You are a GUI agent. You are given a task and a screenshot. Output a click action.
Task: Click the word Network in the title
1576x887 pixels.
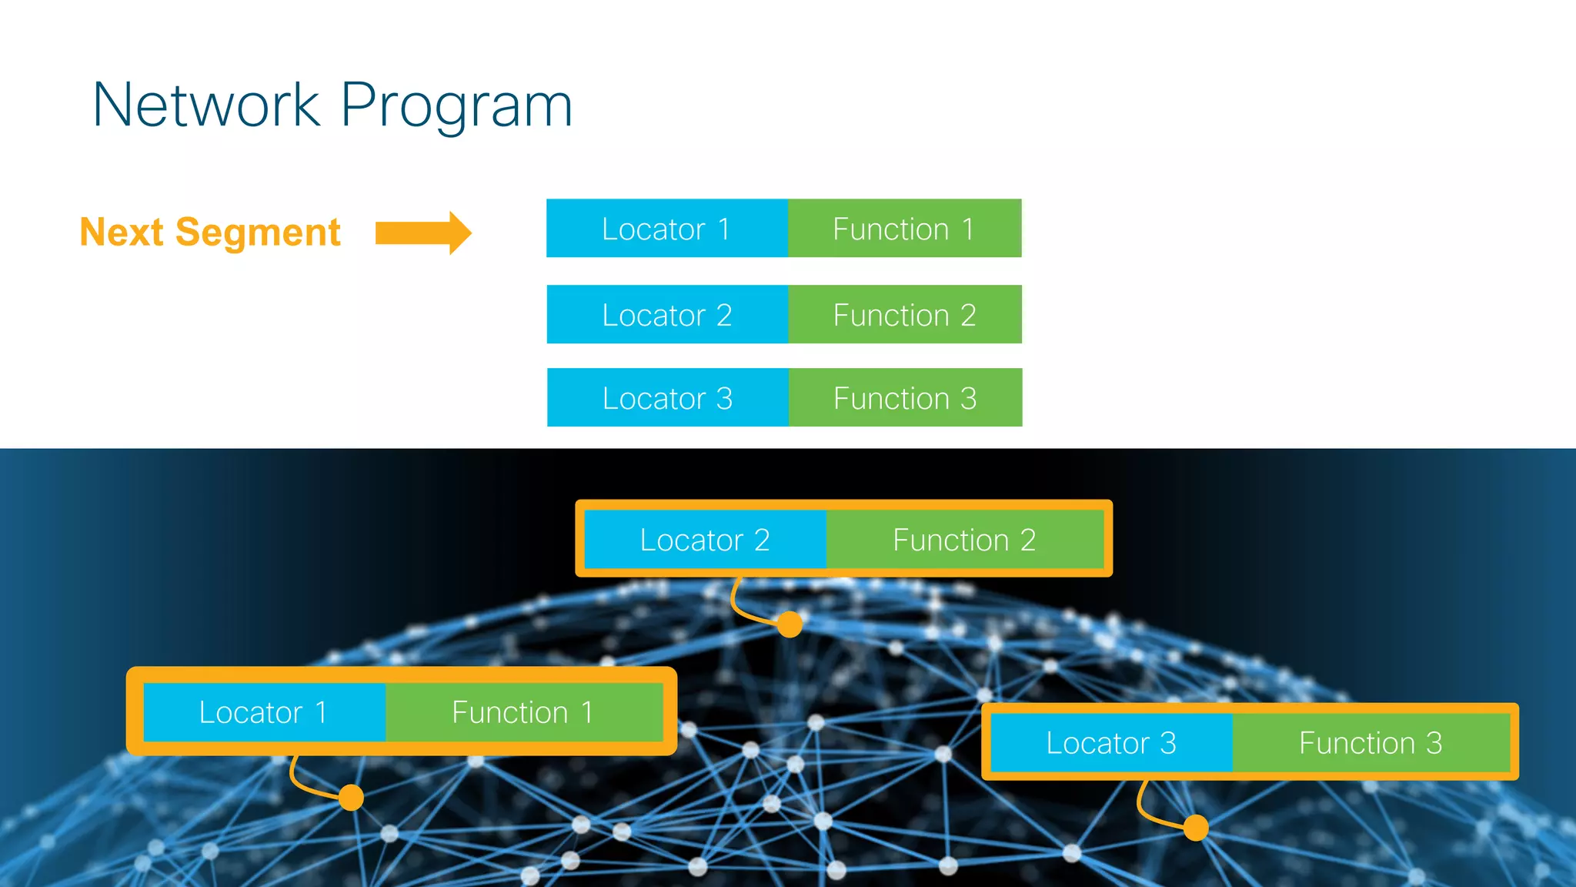point(205,105)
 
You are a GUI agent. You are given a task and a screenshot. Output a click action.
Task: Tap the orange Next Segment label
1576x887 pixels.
point(210,233)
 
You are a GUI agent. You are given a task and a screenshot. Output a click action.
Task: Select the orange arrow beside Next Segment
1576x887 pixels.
point(422,233)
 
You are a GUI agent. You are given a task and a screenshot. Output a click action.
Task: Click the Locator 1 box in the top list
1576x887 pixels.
point(666,229)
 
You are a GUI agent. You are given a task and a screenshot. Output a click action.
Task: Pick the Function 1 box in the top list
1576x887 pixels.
point(904,229)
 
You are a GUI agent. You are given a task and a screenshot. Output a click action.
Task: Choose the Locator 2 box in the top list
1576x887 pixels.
point(666,315)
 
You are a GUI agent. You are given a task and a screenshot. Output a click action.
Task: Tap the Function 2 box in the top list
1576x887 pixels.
point(904,315)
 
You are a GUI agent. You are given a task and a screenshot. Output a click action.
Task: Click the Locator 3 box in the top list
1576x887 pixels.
point(667,398)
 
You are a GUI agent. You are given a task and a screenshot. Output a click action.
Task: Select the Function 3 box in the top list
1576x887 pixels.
point(905,398)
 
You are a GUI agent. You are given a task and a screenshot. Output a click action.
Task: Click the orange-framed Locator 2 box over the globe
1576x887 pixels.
point(705,540)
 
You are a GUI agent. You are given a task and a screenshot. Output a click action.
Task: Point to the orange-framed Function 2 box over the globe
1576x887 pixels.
point(964,540)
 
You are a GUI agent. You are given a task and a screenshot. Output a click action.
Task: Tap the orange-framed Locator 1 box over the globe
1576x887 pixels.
point(264,712)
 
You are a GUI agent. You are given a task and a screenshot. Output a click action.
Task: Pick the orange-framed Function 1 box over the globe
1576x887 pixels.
point(523,712)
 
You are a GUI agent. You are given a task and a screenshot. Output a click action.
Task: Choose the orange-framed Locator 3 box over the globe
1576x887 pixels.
point(1111,743)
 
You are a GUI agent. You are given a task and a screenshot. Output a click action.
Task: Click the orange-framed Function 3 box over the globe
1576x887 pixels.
point(1371,743)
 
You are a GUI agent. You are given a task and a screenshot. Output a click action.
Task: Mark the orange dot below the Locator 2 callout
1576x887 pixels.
point(790,624)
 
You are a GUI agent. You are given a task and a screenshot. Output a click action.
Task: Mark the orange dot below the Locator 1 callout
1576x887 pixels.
point(351,797)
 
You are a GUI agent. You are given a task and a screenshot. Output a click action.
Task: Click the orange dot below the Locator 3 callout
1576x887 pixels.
point(1196,828)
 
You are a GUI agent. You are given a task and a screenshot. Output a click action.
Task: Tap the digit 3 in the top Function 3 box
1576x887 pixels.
point(968,399)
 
